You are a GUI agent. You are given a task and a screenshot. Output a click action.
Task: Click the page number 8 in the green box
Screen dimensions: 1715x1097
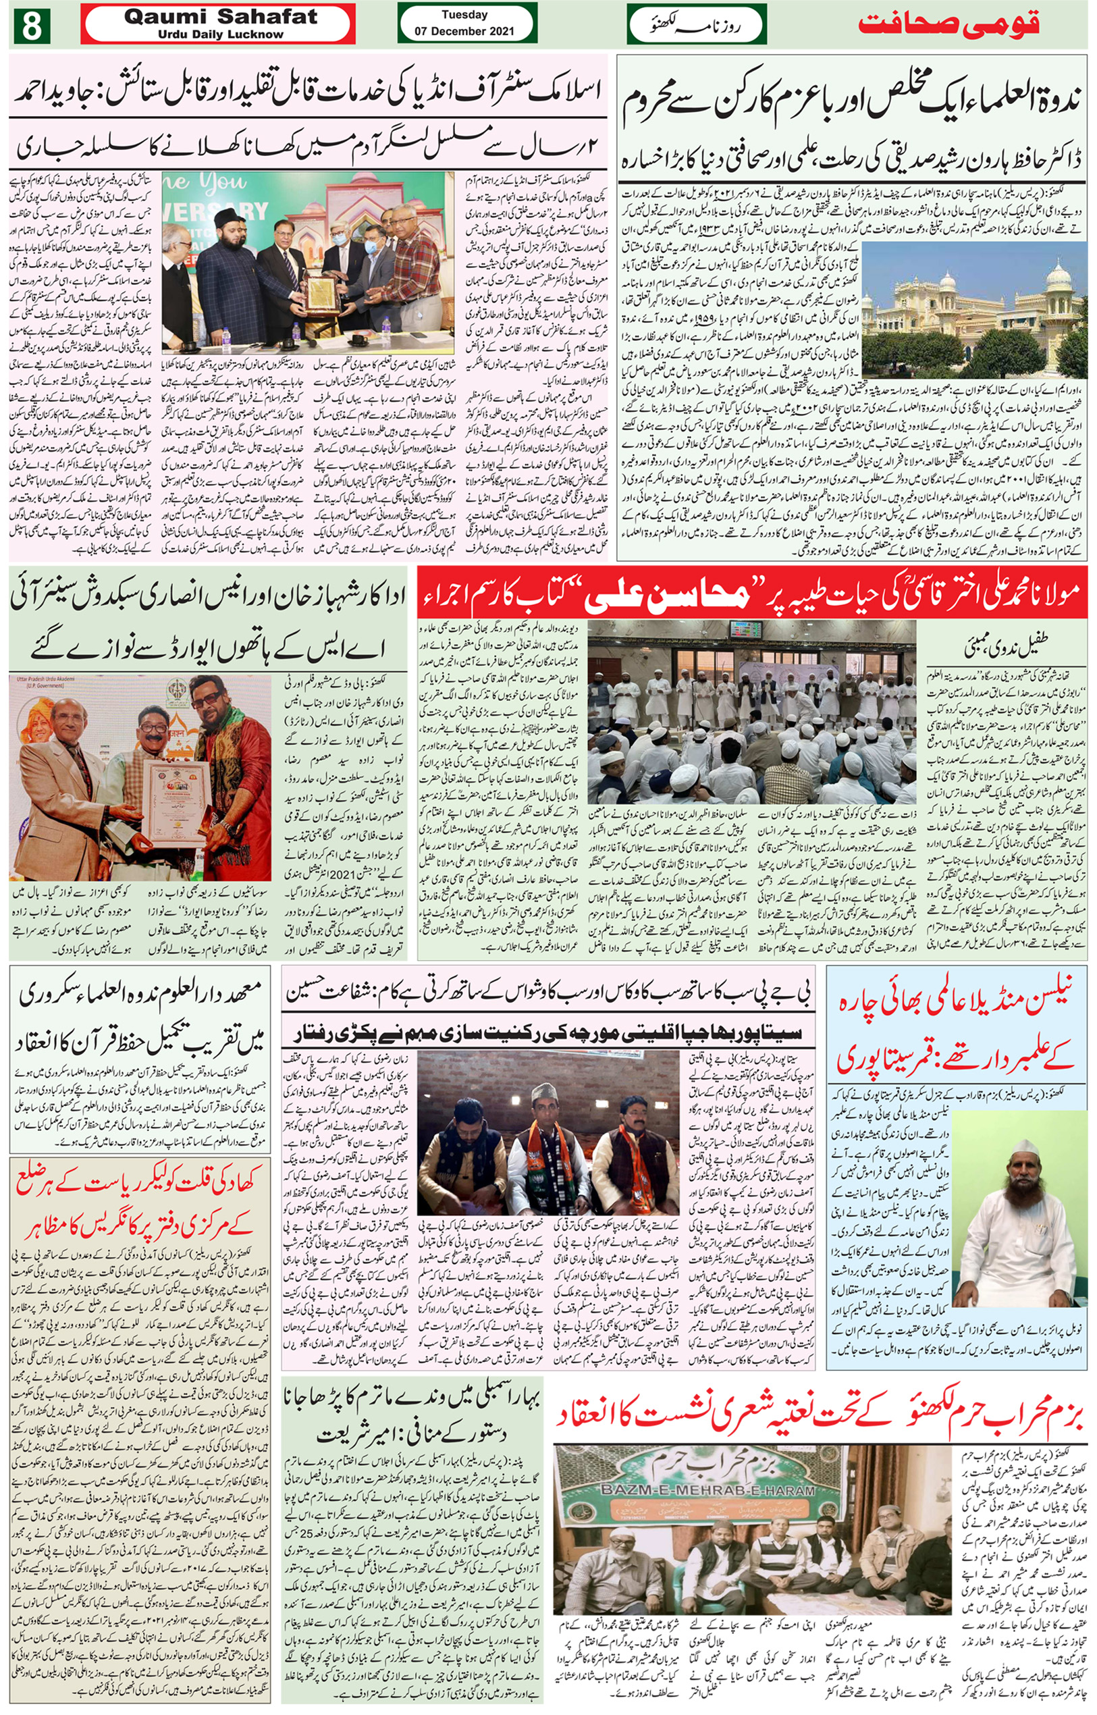coord(30,26)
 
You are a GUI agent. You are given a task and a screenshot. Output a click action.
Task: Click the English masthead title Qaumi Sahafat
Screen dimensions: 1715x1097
coord(220,17)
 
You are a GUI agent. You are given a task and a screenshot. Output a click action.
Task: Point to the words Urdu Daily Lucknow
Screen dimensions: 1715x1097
coord(220,34)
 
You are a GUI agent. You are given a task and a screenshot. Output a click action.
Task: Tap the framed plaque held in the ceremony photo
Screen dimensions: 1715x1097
coord(321,294)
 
